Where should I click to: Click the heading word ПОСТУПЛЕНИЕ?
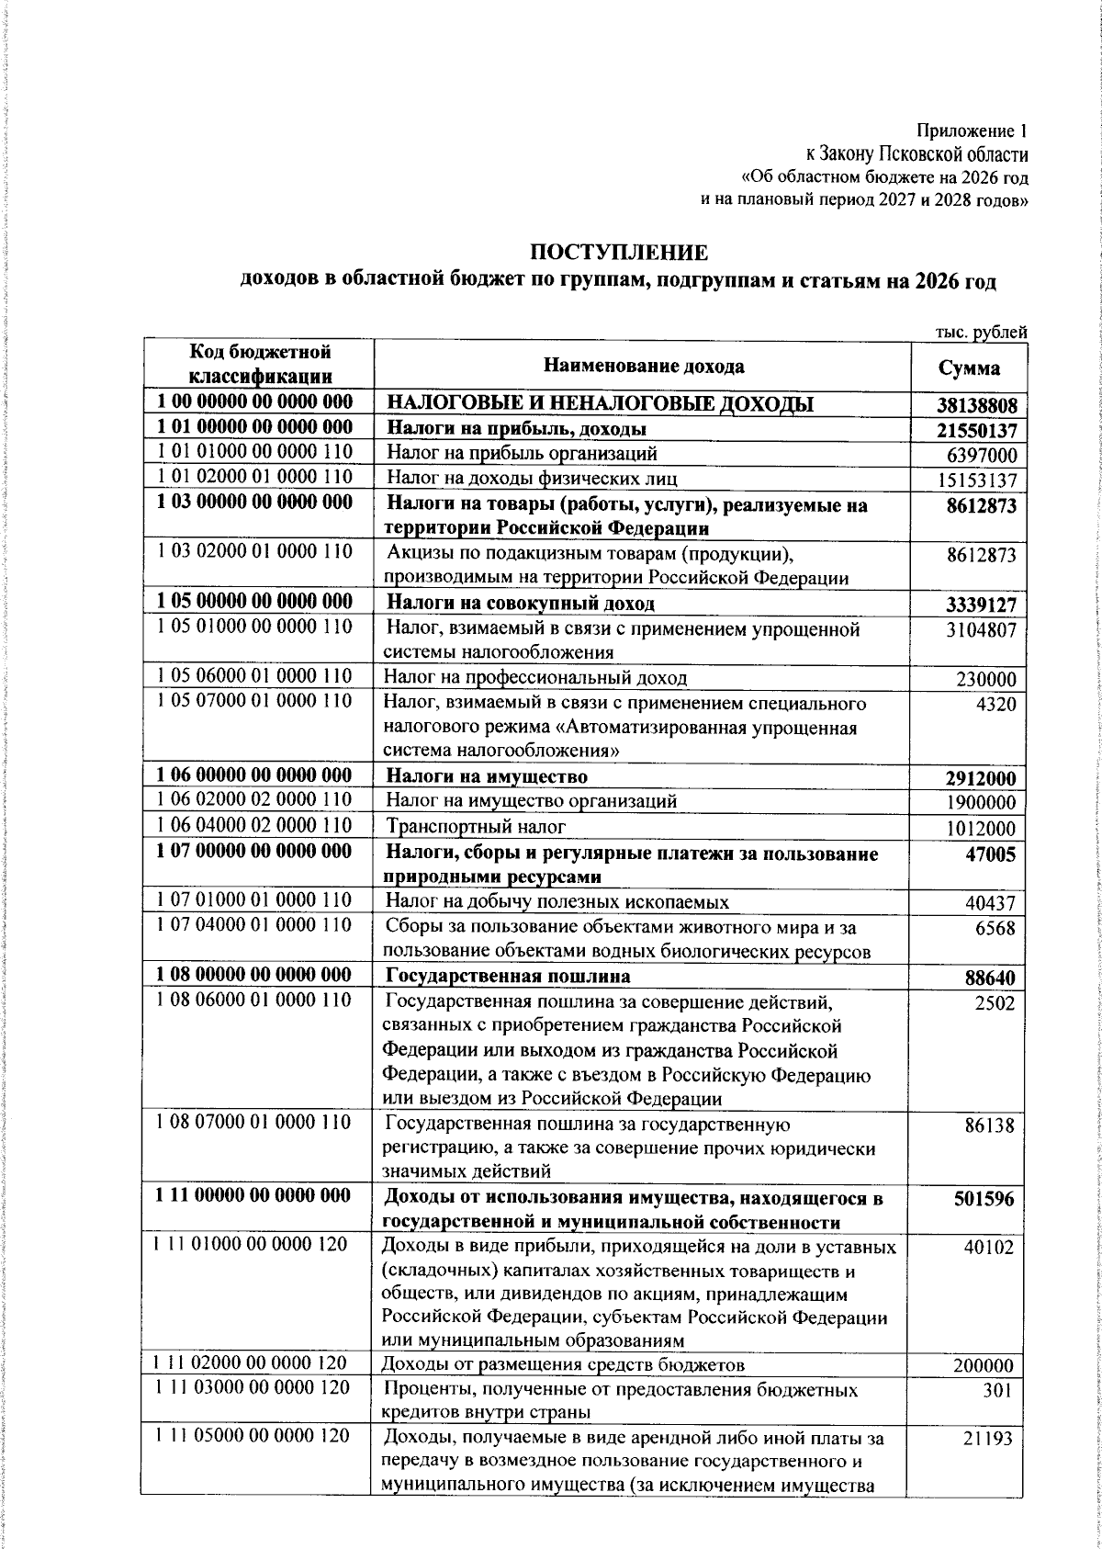pos(620,252)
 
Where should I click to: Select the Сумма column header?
pos(970,368)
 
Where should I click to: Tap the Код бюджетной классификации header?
pos(260,364)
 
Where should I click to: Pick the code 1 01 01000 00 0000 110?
pos(255,452)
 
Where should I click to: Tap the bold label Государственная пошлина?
pos(507,975)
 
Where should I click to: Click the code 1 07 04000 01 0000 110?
pos(255,924)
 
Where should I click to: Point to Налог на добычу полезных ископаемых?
pos(557,901)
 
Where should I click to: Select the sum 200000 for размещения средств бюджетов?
pos(984,1366)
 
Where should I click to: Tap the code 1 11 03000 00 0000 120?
pos(252,1388)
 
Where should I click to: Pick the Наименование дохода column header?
pos(644,367)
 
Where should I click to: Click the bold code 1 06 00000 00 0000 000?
pos(255,775)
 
